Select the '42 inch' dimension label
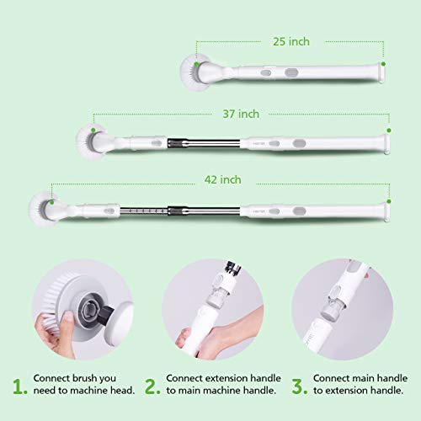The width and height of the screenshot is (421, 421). pyautogui.click(x=221, y=179)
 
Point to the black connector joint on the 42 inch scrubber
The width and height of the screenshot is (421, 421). pyautogui.click(x=180, y=209)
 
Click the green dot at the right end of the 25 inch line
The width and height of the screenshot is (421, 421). pyautogui.click(x=385, y=61)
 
